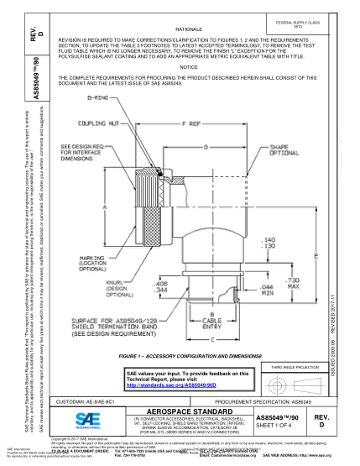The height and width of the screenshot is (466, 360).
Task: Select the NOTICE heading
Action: tap(188, 65)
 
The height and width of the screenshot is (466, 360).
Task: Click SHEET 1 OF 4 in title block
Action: tap(278, 427)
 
